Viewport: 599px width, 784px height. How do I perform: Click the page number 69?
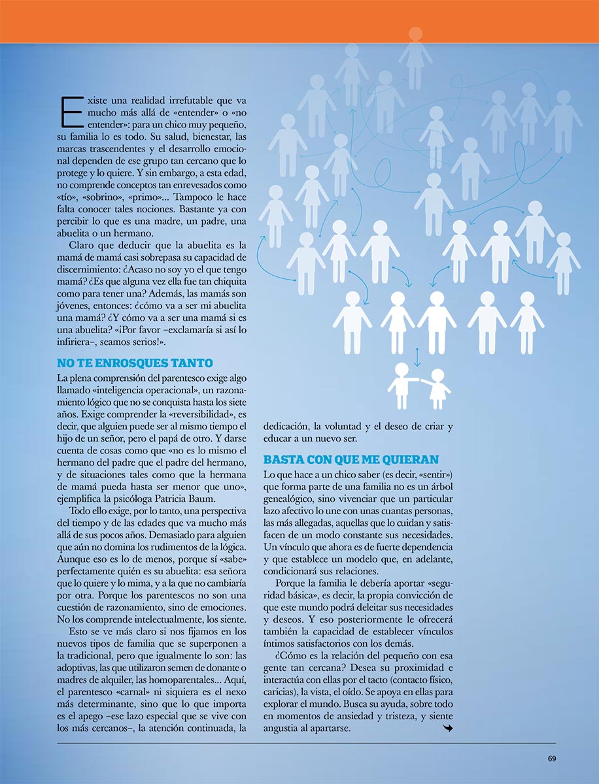551,759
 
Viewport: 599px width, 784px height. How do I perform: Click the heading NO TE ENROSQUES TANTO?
135,363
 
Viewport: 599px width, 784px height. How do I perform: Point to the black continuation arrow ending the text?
447,730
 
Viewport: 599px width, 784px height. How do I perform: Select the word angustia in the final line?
284,729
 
